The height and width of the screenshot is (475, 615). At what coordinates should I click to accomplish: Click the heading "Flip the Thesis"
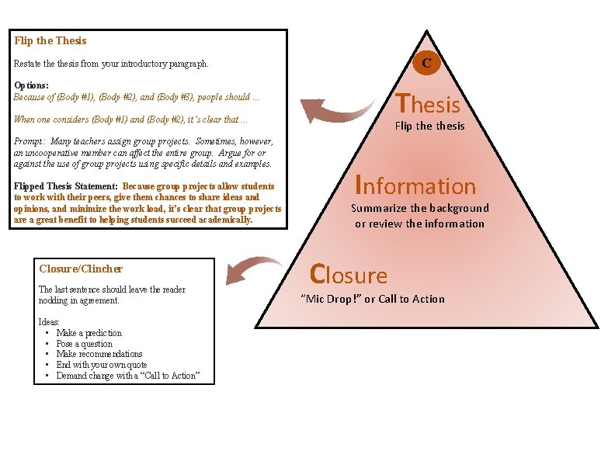(50, 40)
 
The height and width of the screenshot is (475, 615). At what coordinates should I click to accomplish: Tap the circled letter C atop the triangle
(426, 63)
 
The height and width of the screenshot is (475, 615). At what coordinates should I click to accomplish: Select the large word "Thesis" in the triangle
(428, 104)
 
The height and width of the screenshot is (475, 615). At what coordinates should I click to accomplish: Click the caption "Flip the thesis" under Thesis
(429, 126)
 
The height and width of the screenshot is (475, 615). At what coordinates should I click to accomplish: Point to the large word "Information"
(415, 185)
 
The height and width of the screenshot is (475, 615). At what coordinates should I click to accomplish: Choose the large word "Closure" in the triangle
(349, 275)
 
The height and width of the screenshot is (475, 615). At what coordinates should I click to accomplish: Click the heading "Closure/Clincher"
(81, 269)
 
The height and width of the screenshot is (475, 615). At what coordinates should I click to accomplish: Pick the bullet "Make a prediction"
(89, 333)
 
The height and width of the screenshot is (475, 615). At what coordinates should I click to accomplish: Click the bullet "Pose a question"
(84, 344)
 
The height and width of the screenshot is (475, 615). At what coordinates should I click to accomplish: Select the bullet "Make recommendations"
(99, 354)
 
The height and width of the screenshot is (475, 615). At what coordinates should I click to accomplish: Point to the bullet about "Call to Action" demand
(128, 376)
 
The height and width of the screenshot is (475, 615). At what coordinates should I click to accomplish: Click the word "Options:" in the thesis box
(32, 85)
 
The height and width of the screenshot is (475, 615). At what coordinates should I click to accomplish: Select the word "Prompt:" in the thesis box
(31, 142)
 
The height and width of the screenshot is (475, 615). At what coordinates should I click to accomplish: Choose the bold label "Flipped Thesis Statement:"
(66, 186)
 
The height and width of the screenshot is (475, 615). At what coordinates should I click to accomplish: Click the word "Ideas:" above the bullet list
(49, 321)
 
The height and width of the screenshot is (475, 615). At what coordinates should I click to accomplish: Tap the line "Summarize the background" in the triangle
(420, 208)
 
